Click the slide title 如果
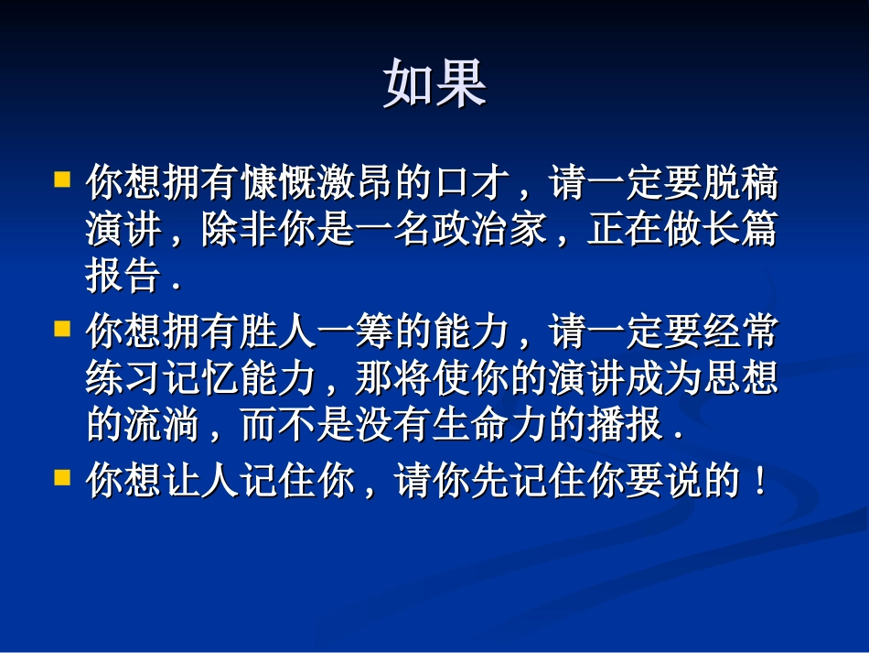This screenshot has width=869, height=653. [434, 84]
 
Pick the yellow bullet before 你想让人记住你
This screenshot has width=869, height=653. [63, 476]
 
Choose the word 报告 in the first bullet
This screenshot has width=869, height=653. [124, 276]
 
